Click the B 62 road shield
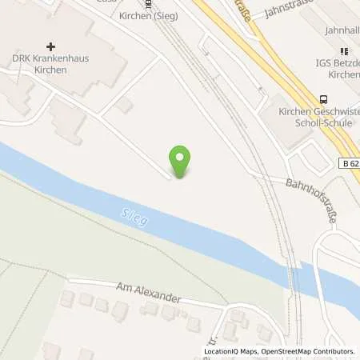click(x=347, y=162)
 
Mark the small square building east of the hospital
click(x=124, y=106)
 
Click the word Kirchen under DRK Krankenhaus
click(x=46, y=71)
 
